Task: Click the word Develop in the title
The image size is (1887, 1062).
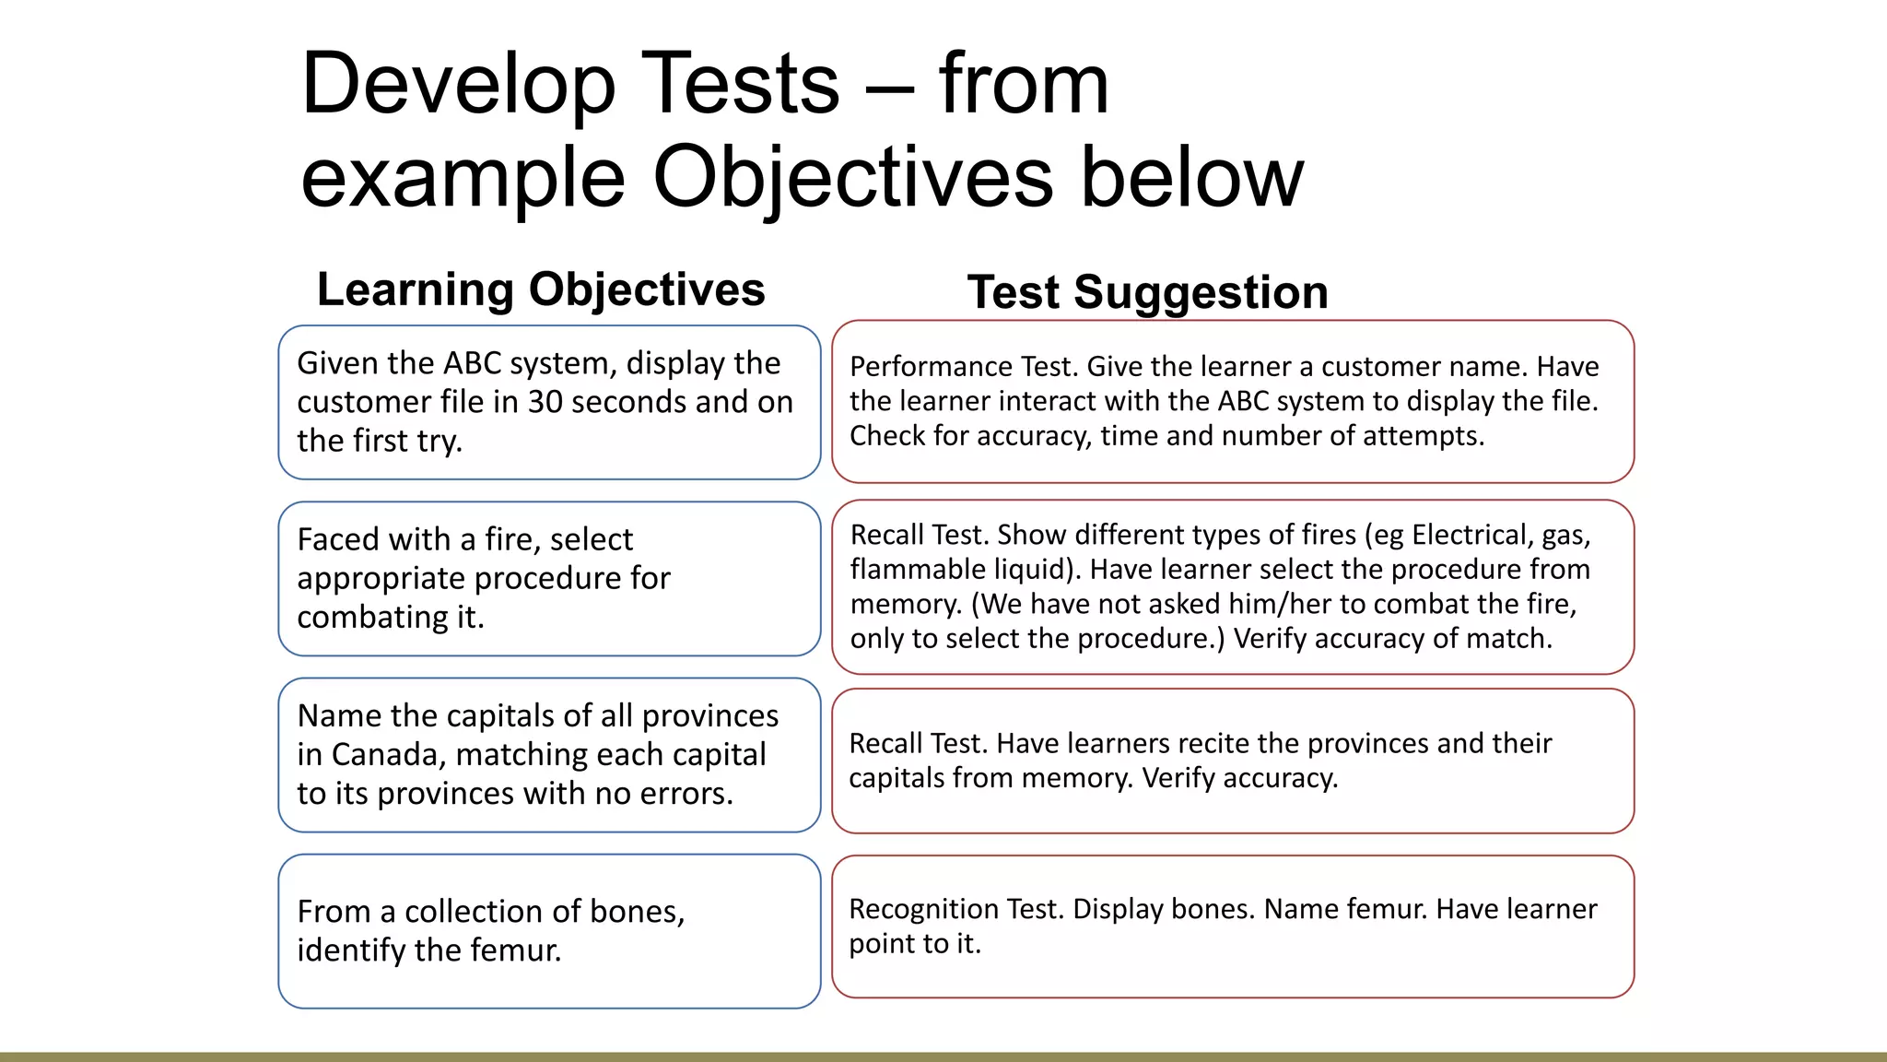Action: (x=458, y=85)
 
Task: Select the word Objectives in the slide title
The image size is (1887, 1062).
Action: (x=852, y=177)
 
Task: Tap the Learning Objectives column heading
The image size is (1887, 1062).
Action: (x=541, y=289)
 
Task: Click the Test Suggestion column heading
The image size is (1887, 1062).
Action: (x=1147, y=292)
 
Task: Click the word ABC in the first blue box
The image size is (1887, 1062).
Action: (x=472, y=363)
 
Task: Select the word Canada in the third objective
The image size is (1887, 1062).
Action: (x=388, y=755)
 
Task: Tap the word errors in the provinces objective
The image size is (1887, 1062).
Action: (x=684, y=794)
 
